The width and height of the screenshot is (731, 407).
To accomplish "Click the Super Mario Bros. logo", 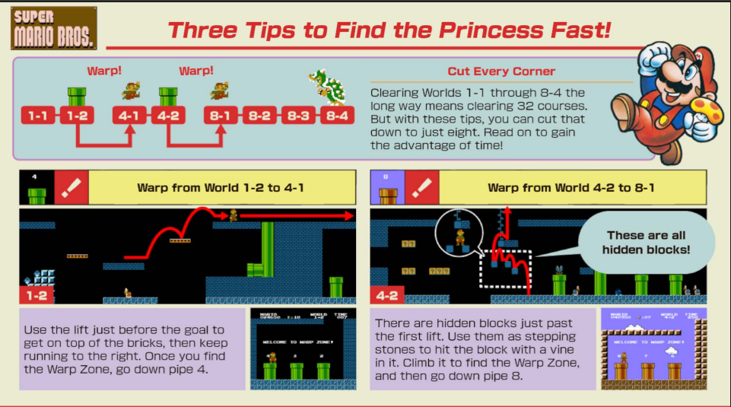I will [53, 27].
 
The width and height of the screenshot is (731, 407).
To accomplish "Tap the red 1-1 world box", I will [37, 116].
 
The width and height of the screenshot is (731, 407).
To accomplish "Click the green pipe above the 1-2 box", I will [76, 97].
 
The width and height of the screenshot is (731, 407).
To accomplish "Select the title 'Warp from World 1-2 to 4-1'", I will [221, 187].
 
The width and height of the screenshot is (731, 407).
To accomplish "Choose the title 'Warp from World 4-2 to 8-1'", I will [571, 187].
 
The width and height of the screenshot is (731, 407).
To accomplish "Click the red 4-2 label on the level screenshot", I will [385, 294].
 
